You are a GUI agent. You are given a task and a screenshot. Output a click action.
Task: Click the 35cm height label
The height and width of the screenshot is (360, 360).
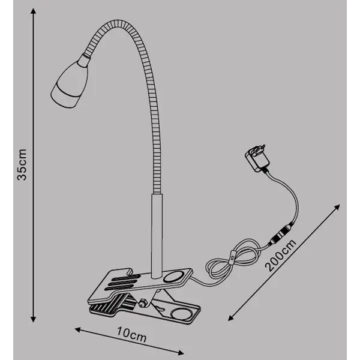(22, 164)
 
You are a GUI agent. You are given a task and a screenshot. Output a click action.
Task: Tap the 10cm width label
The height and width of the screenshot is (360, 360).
(131, 335)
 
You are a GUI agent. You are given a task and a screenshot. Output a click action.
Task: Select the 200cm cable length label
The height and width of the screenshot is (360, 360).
(280, 256)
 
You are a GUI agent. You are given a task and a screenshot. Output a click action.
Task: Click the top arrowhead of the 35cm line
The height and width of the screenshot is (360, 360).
(33, 11)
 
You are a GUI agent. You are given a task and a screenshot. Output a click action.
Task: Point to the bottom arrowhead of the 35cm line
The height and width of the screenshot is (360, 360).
(33, 319)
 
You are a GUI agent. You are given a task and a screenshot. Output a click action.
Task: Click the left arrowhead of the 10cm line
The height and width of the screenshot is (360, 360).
(77, 329)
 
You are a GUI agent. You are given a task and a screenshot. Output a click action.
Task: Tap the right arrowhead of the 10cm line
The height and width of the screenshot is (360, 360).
(181, 352)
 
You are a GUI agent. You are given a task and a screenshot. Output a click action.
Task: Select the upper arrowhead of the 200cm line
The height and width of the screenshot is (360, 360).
(337, 207)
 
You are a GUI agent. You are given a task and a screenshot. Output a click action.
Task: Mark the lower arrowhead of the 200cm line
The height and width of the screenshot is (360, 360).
(231, 318)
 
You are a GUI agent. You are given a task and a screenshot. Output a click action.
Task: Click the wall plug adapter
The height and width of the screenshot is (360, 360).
(257, 158)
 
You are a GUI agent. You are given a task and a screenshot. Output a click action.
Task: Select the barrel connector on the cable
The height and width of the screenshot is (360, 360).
(281, 233)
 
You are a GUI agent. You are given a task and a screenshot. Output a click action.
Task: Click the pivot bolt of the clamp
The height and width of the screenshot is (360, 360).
(142, 303)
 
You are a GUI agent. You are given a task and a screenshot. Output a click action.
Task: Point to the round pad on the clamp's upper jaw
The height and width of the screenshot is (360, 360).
(174, 277)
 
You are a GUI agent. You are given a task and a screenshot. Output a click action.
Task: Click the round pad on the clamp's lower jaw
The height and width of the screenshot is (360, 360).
(182, 314)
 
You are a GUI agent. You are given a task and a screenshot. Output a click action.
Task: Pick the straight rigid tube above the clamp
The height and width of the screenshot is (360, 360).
(157, 236)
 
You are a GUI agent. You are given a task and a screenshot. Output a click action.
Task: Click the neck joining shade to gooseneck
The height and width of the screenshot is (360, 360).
(84, 60)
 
